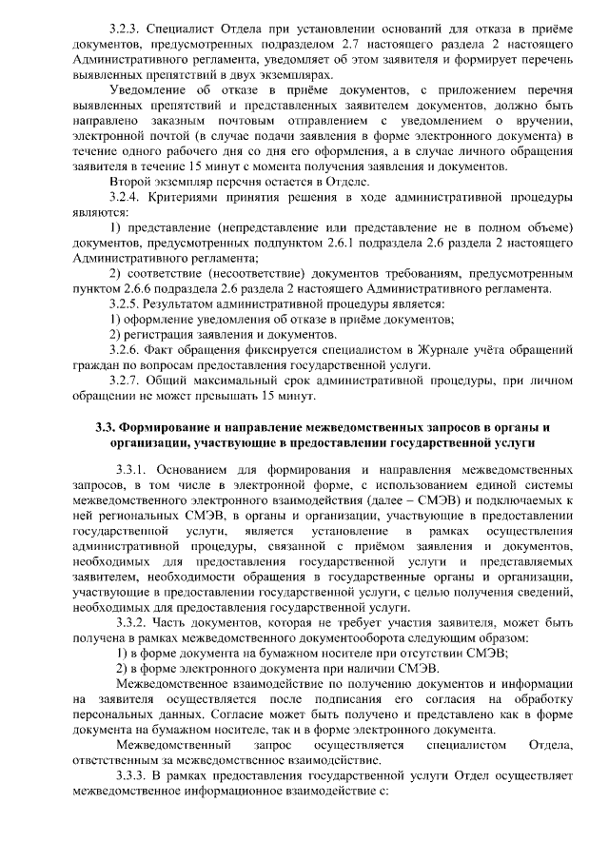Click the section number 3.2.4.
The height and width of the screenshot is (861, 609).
click(x=128, y=196)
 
